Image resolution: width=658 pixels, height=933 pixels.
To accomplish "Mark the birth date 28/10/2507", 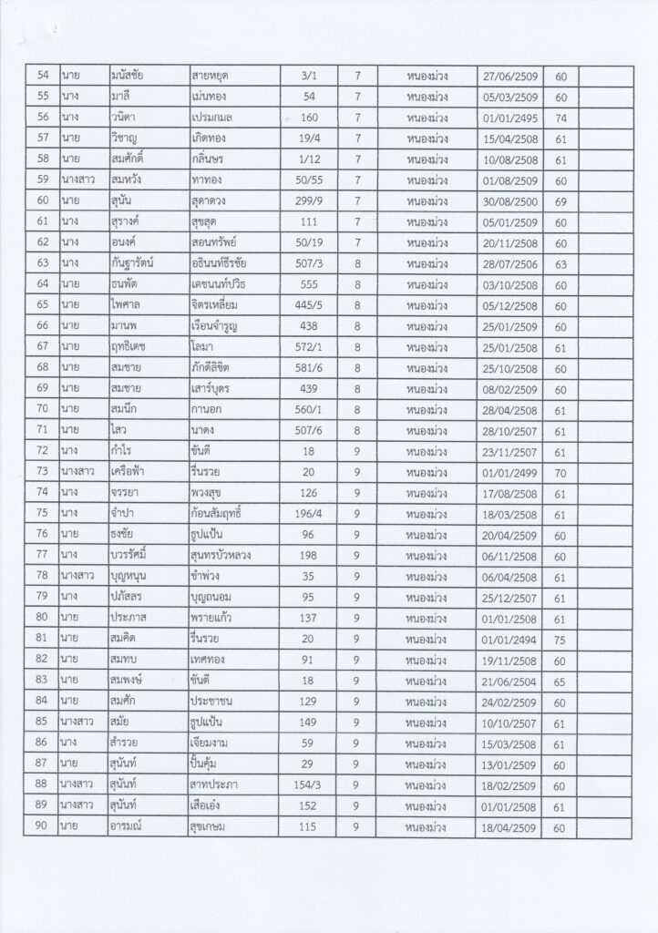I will click(509, 430).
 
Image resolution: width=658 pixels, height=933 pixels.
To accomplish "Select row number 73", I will click(40, 472).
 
